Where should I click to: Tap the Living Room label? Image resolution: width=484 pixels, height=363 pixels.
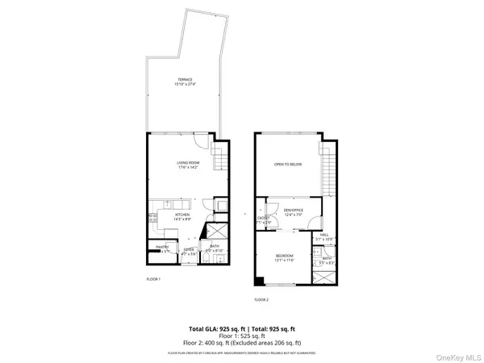click(187, 166)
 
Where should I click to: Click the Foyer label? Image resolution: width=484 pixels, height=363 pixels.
click(188, 252)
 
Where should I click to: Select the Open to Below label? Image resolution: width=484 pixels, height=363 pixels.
click(287, 164)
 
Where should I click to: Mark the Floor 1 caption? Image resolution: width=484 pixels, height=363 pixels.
click(153, 279)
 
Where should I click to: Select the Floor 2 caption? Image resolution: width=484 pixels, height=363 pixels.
click(261, 299)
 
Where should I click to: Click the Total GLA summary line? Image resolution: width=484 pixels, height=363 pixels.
click(242, 329)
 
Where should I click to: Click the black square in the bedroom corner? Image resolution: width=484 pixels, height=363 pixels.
click(258, 282)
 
